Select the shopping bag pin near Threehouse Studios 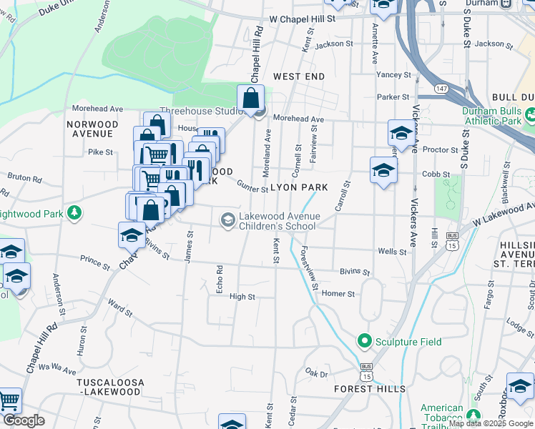(x=251, y=99)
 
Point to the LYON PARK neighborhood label (x=299, y=187)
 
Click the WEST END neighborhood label (x=298, y=77)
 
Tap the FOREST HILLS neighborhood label (x=370, y=389)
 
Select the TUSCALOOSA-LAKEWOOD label (x=110, y=388)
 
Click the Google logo (x=24, y=420)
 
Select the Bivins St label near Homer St (x=355, y=272)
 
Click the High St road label (x=242, y=296)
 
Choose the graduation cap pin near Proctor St (x=401, y=133)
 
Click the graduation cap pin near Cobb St (x=383, y=170)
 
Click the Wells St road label (x=392, y=252)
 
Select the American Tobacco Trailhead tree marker (x=473, y=413)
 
